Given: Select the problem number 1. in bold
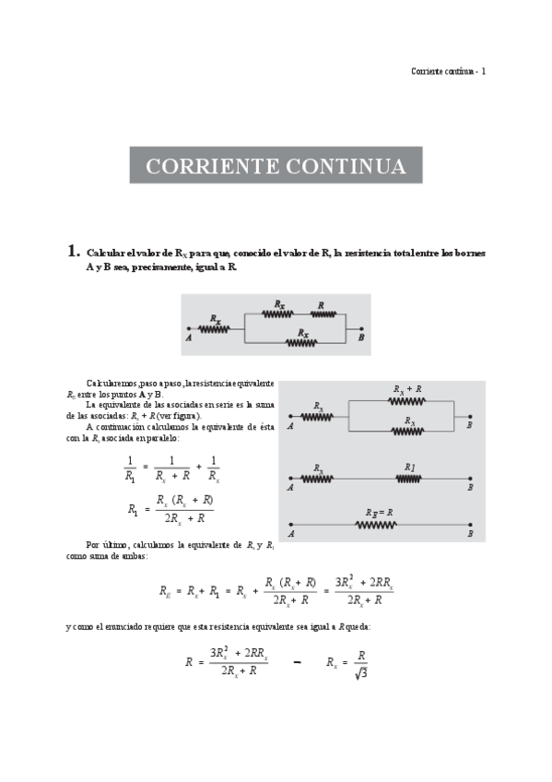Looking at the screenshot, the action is (x=73, y=251).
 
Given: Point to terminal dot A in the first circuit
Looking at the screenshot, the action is (x=189, y=329).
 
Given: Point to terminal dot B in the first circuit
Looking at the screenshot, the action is (x=361, y=329).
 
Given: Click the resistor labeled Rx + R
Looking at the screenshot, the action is (x=406, y=401).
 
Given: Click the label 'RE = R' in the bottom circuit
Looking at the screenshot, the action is (x=378, y=512).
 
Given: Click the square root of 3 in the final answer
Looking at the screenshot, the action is (x=361, y=673).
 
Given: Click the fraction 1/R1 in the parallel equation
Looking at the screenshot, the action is (x=130, y=468).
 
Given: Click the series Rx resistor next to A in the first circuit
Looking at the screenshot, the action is (x=215, y=329).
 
